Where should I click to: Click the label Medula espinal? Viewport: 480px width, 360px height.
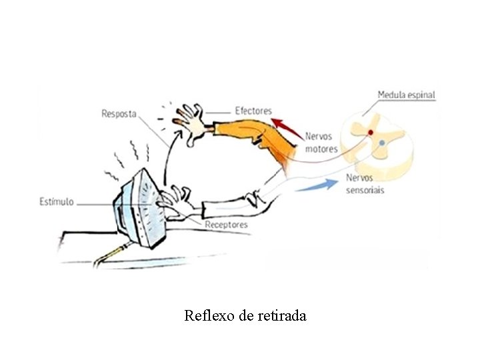coord(406,95)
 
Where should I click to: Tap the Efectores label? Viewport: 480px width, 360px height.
coord(253,110)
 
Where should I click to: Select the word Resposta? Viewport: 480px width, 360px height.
coord(119,113)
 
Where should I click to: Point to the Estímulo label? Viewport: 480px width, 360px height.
coord(56,201)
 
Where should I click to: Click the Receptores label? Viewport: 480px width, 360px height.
coord(226,225)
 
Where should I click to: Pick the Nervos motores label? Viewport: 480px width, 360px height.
coord(321,142)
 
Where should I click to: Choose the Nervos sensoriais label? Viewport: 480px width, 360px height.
coord(365,184)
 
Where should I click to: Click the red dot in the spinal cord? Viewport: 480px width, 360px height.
coord(371,133)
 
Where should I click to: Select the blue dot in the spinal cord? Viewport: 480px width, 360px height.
coord(381,143)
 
